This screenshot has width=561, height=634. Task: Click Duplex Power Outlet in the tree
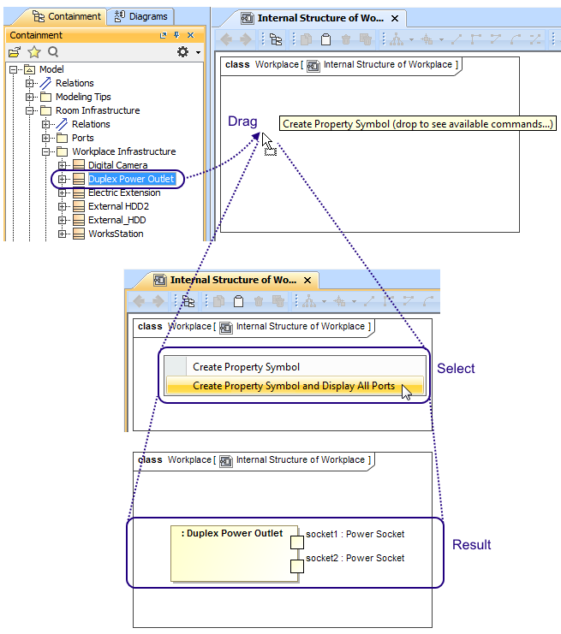tap(131, 179)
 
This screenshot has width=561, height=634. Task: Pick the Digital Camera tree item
tap(117, 165)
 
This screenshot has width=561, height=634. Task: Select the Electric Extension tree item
tap(123, 193)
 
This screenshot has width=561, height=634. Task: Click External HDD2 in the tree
tap(118, 206)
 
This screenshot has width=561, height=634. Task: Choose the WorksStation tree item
tap(116, 234)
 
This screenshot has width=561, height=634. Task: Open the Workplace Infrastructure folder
tap(123, 151)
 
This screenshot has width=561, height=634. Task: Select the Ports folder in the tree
tap(83, 138)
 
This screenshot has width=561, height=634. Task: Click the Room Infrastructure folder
tap(98, 110)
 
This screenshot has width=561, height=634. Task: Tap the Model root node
tap(51, 69)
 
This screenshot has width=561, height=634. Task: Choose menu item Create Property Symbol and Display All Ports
tap(294, 386)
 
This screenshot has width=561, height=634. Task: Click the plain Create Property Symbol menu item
tap(246, 367)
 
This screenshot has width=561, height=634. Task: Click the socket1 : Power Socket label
tap(355, 535)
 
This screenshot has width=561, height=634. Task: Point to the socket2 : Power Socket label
tap(355, 558)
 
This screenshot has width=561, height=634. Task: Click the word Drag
tap(242, 121)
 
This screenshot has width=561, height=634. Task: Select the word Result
tap(472, 545)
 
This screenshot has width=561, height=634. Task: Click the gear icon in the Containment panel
tap(182, 52)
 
